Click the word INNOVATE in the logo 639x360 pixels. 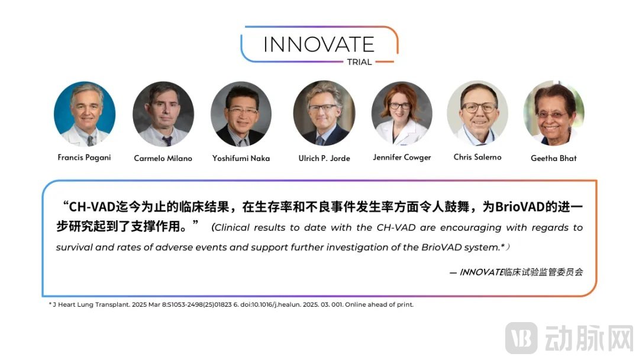[x=319, y=44]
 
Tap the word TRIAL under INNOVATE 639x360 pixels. [x=359, y=62]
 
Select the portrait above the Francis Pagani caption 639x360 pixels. [x=85, y=114]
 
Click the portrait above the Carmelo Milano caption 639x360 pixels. [x=163, y=114]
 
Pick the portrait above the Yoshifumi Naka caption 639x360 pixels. [x=241, y=114]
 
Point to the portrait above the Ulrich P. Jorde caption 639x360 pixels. [x=324, y=113]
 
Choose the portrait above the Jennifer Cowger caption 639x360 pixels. [x=402, y=113]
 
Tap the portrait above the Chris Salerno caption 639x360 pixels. [x=477, y=113]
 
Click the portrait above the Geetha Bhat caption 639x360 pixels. [x=554, y=113]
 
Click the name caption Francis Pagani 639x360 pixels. [x=85, y=157]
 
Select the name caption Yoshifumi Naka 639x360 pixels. [x=241, y=158]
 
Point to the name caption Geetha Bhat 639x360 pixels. [x=553, y=158]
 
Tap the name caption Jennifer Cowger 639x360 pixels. [x=402, y=157]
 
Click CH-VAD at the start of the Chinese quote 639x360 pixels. [x=92, y=207]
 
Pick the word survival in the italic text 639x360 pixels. [x=74, y=247]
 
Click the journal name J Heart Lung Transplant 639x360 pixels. [x=92, y=304]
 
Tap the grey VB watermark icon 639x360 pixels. [x=521, y=337]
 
